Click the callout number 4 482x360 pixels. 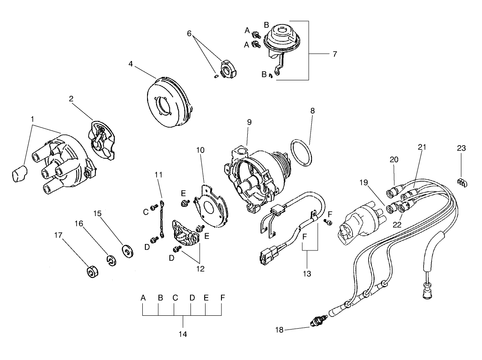click(130, 64)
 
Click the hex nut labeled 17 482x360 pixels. click(91, 272)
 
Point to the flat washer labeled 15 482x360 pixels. click(127, 250)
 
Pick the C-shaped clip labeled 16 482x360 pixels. click(111, 260)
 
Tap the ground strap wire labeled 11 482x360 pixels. click(161, 218)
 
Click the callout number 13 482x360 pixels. click(308, 273)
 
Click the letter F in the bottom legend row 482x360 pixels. click(222, 297)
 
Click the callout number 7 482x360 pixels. click(334, 54)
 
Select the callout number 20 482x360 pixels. click(394, 159)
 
